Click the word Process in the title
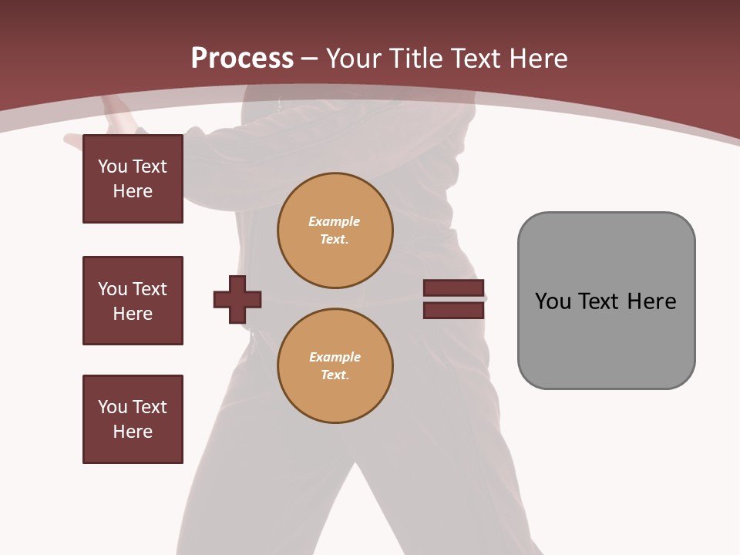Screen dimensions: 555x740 coord(242,59)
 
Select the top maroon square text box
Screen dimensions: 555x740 coord(133,179)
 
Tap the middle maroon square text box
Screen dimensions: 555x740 coord(133,301)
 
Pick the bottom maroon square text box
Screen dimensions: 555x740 coord(133,419)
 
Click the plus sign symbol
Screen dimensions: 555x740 coord(237,299)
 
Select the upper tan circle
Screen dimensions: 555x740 coord(335,230)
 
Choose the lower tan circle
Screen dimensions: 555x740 coord(335,366)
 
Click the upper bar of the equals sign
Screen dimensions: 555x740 coord(453,288)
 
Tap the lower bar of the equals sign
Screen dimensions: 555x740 coord(453,311)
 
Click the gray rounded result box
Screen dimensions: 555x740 coord(606,301)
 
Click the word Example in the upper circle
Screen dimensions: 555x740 coord(334,221)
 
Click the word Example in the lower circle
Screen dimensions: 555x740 coord(335,357)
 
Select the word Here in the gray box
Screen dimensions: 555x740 coord(651,301)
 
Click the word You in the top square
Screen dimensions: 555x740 coord(112,166)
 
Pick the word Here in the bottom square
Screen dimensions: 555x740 coord(133,432)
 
